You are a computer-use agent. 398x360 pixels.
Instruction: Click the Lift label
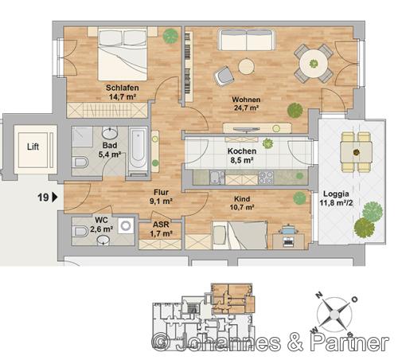coord(33,147)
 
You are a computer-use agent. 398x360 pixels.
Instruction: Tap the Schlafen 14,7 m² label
coord(123,92)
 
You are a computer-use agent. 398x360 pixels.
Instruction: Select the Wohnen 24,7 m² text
coord(246,104)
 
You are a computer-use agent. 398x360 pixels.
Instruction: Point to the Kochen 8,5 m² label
coord(242,155)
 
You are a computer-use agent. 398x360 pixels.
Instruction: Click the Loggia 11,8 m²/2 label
coord(336,198)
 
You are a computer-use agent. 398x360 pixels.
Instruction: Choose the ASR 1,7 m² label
coord(161,229)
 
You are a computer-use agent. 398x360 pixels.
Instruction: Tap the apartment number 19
coord(43,198)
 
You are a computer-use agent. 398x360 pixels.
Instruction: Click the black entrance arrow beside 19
coord(55,198)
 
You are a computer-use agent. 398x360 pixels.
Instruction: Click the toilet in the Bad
coord(80,162)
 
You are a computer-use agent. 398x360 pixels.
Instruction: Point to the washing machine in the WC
coord(126,225)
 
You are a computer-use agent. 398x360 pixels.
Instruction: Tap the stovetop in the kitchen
coord(266,178)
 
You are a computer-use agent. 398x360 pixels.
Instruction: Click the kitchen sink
coord(217,178)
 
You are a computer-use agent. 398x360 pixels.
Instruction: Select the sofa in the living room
coord(247,40)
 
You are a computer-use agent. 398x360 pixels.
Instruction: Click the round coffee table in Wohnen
coord(246,66)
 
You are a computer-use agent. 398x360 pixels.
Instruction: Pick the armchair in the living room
coord(224,76)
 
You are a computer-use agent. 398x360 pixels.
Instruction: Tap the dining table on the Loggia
coord(356,152)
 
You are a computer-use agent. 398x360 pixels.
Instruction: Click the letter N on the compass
coord(319,295)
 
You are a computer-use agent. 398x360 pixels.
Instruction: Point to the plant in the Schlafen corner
coord(170,36)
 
